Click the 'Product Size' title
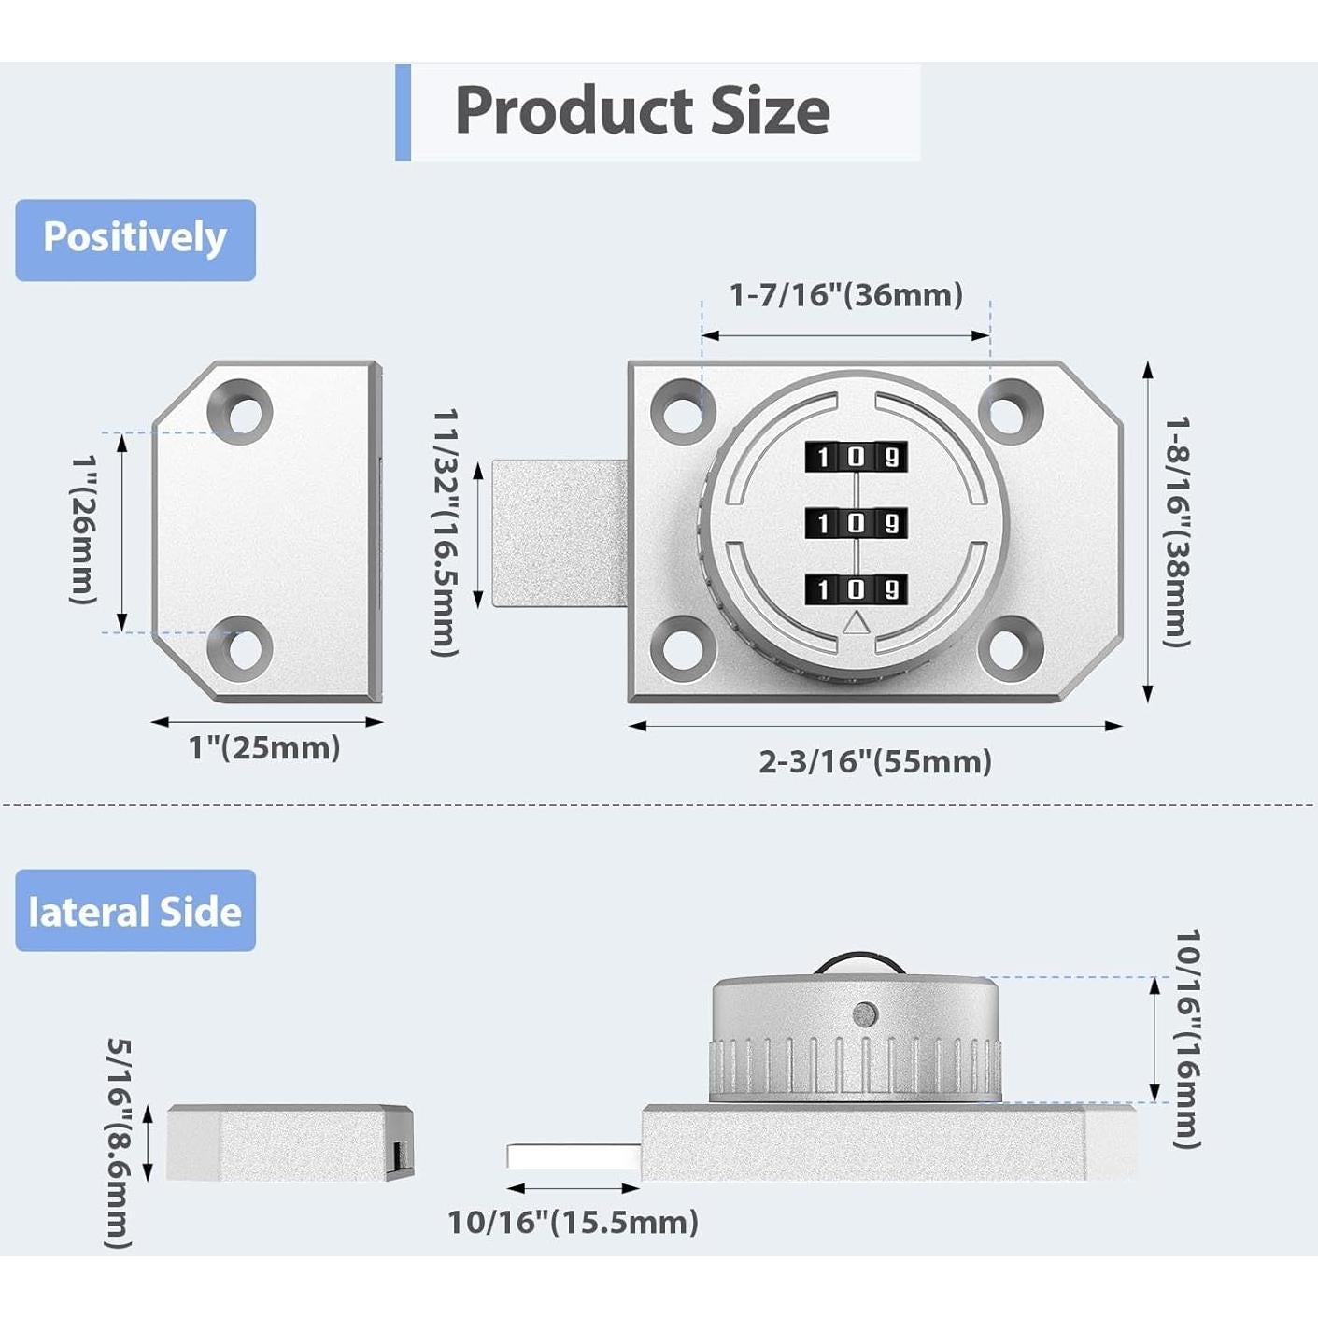[643, 111]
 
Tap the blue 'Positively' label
[135, 239]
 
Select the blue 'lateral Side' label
[135, 912]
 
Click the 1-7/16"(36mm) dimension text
[846, 295]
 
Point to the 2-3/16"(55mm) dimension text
[875, 761]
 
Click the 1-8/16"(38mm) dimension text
[1178, 531]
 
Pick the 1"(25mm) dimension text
[264, 748]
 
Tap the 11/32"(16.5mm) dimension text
[445, 532]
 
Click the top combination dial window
[857, 457]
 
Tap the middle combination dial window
[857, 523]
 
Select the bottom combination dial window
[857, 588]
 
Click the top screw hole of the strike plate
[240, 413]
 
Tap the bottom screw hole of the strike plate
[240, 648]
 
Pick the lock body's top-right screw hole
[1010, 413]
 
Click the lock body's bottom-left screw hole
[683, 648]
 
